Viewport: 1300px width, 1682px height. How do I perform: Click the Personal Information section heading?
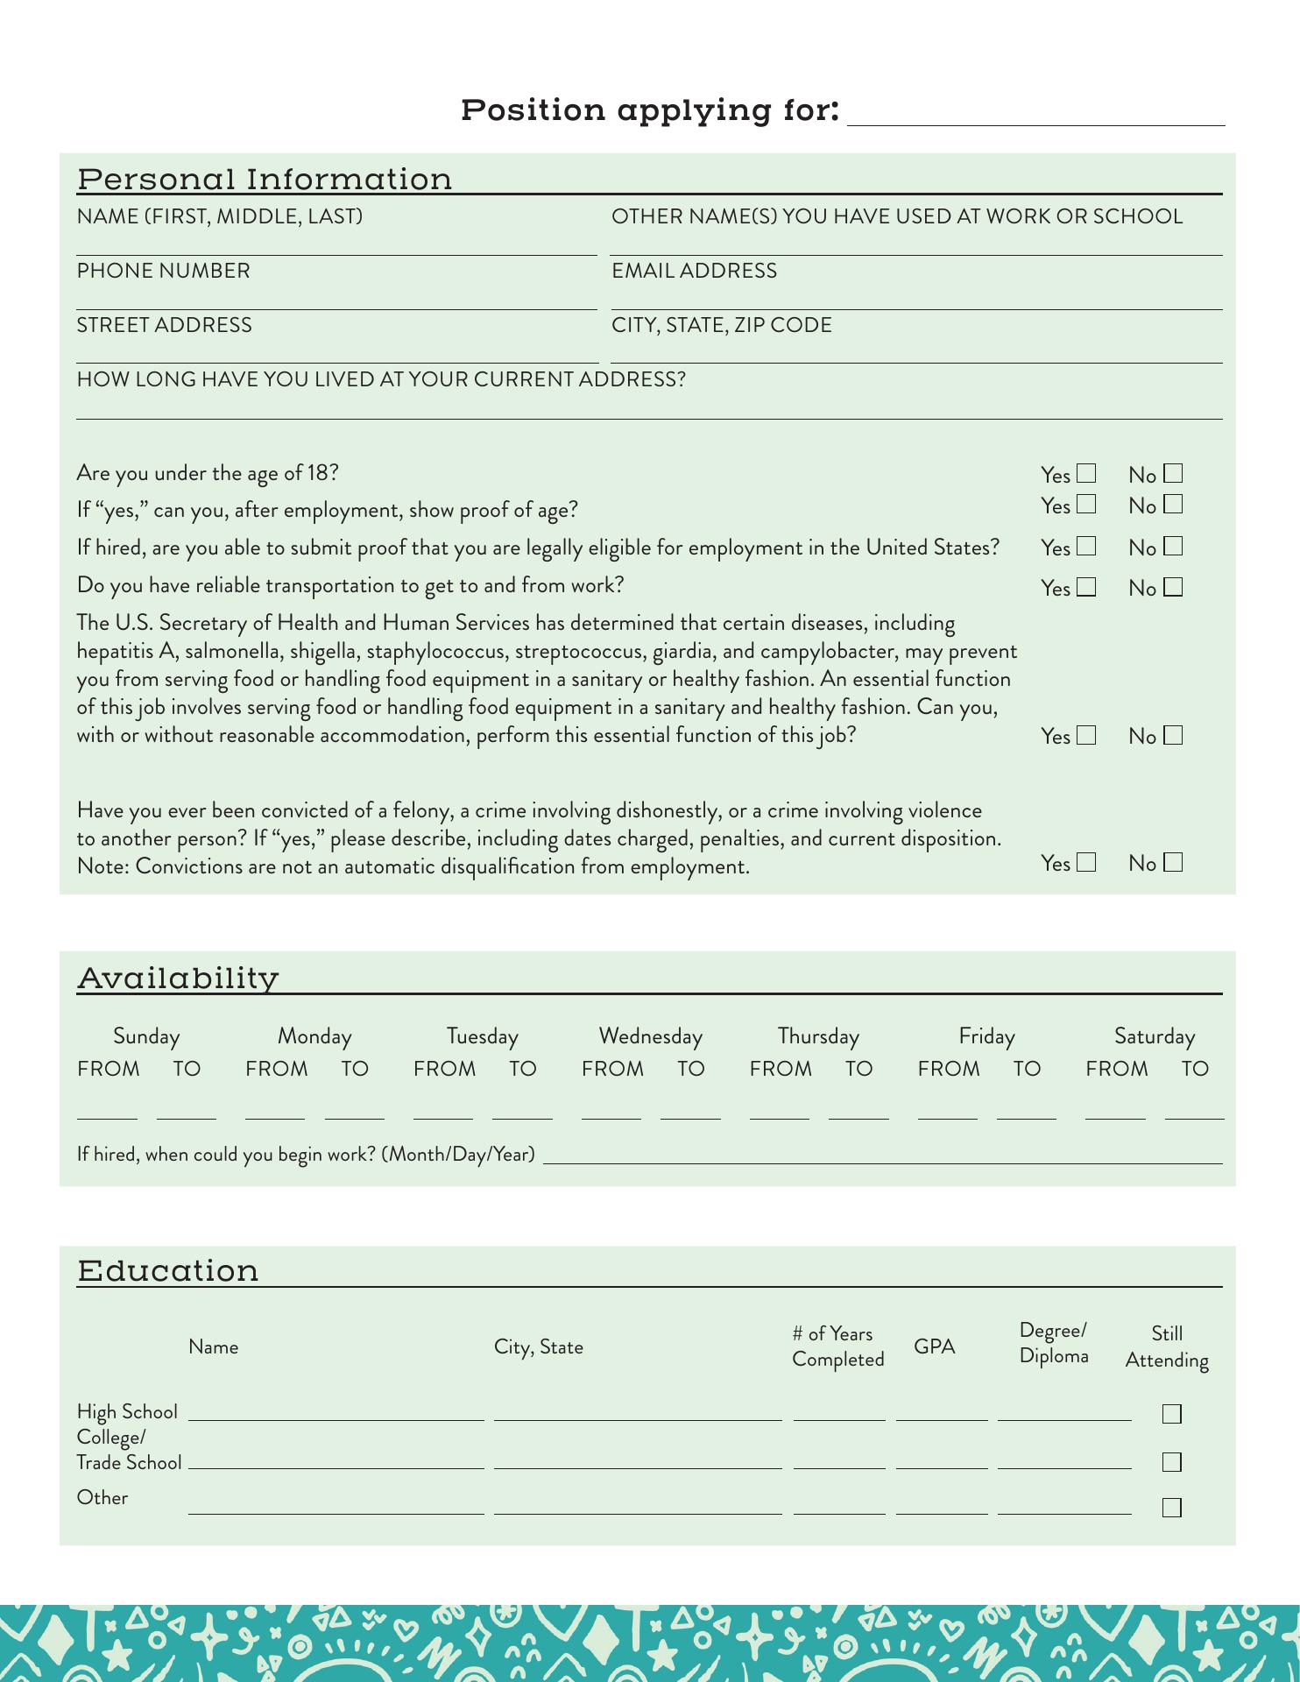click(265, 179)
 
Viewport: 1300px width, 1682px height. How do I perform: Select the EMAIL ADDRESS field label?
click(694, 271)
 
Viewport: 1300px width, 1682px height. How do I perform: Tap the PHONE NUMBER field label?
click(163, 271)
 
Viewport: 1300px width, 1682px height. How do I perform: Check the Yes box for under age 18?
click(1086, 474)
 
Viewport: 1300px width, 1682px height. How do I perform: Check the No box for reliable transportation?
click(1173, 587)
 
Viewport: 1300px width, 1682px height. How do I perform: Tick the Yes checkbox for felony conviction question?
click(1086, 863)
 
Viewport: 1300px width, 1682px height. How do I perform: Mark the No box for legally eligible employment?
click(1173, 547)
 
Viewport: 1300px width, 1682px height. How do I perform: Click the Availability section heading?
click(178, 978)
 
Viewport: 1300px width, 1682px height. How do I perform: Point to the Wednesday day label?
click(650, 1036)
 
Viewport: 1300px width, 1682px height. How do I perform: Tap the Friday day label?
click(986, 1036)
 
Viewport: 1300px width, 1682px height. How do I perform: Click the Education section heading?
click(168, 1270)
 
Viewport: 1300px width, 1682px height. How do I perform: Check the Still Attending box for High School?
click(1171, 1414)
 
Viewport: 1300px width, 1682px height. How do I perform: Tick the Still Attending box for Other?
click(1171, 1508)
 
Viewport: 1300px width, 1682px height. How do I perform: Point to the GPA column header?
click(934, 1346)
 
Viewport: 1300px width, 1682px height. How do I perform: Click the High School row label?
click(127, 1411)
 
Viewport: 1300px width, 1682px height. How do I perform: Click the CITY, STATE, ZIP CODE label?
click(721, 325)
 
